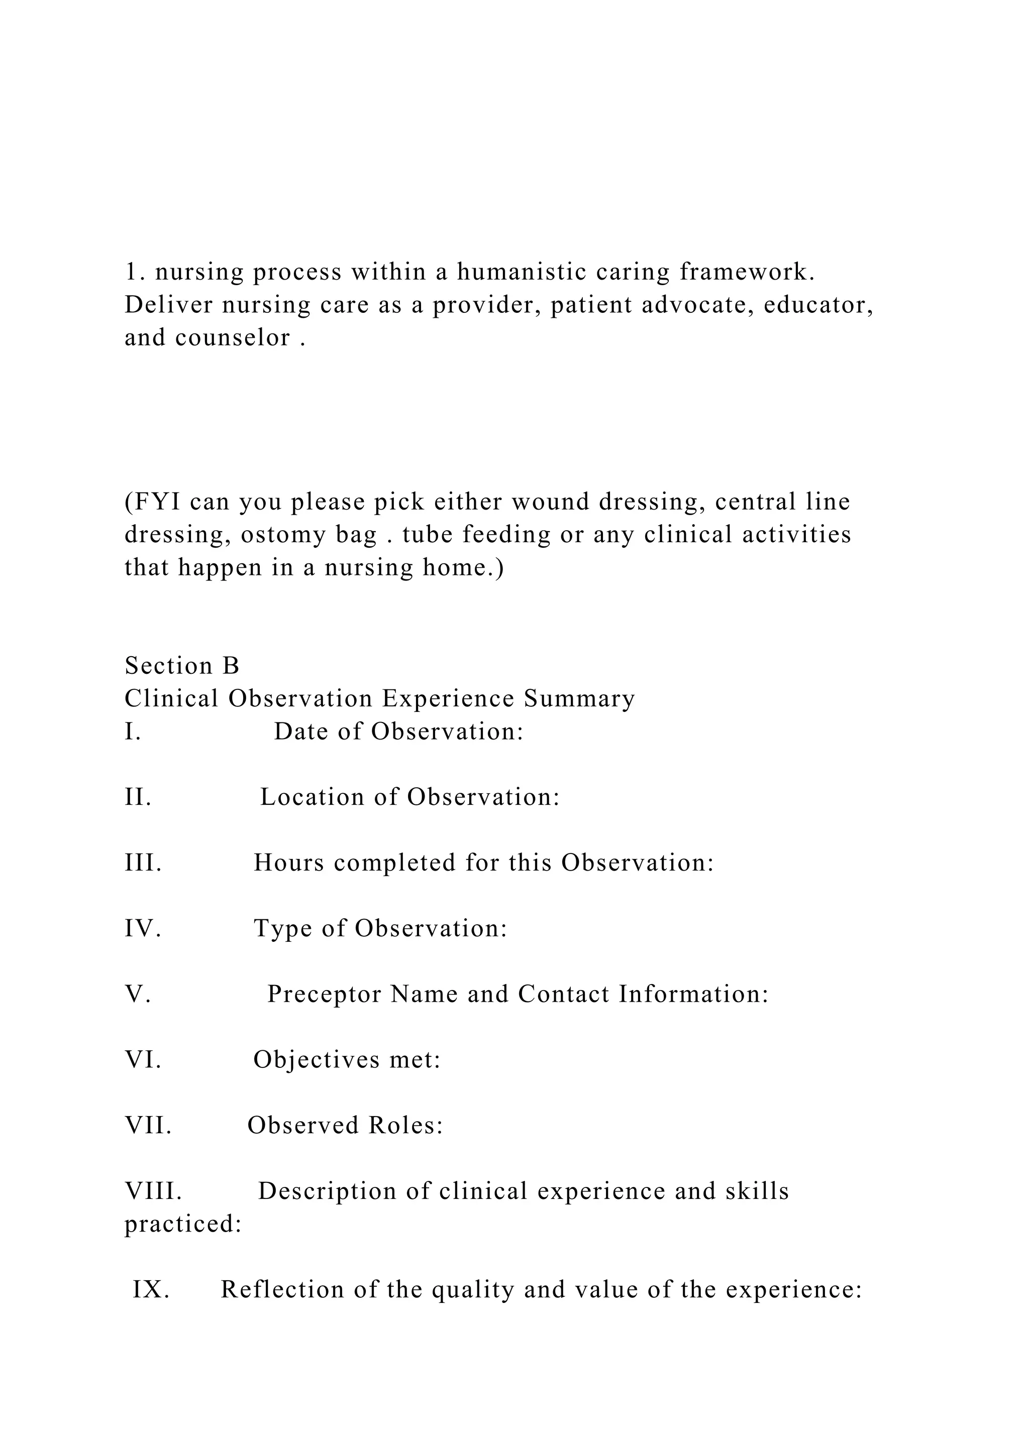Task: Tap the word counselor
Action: tap(233, 337)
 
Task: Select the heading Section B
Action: tap(182, 666)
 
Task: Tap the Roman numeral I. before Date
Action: tap(133, 732)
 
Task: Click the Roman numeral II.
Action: tap(138, 797)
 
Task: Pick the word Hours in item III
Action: tap(288, 863)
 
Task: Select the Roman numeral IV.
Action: tap(143, 928)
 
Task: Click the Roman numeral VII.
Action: tap(148, 1125)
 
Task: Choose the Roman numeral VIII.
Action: tap(153, 1191)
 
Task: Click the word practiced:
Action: tap(183, 1224)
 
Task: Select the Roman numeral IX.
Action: tap(151, 1289)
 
